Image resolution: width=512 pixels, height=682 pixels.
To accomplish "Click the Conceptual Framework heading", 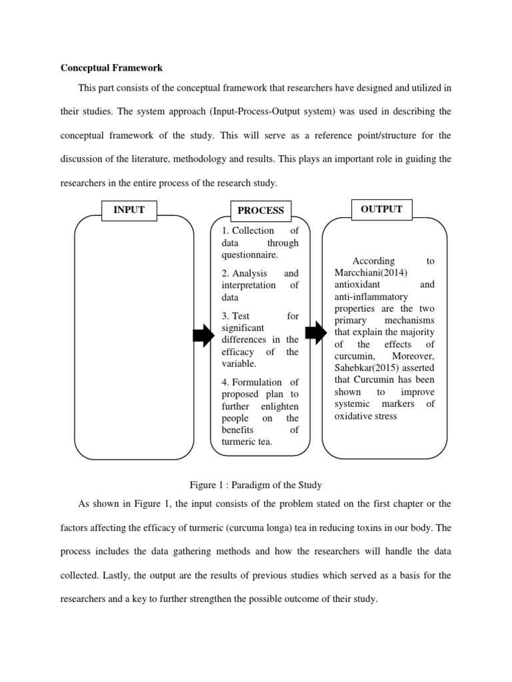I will (x=111, y=67).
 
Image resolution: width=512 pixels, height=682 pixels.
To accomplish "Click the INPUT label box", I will (x=129, y=210).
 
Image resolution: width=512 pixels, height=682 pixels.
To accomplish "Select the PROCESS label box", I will (x=261, y=210).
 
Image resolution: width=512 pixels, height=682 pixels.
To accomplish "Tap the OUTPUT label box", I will (x=381, y=209).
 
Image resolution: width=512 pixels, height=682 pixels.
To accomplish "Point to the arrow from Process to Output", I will (x=315, y=332).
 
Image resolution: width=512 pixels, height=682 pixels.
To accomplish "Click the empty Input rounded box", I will (x=133, y=340).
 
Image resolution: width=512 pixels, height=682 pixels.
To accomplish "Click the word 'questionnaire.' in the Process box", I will (x=249, y=255).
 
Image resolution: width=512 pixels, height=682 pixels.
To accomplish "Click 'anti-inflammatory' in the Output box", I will (x=371, y=296).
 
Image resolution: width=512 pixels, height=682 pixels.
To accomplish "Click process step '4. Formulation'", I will (x=251, y=382).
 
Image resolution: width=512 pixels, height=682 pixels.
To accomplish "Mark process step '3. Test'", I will (x=236, y=316).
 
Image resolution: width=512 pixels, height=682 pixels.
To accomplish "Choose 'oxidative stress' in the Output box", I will (x=365, y=416).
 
